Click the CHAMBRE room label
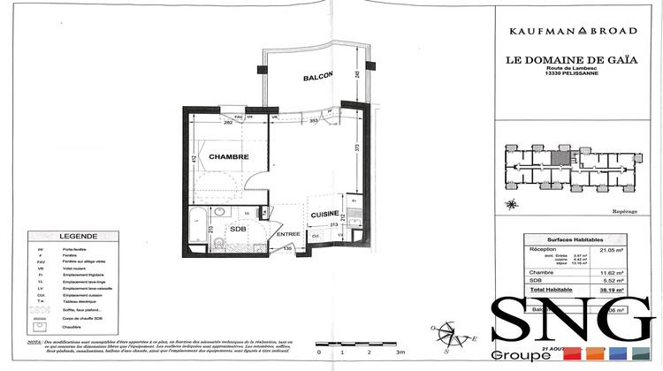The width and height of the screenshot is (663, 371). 228,156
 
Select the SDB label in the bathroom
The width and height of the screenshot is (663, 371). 237,229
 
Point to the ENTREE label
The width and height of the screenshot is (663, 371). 288,233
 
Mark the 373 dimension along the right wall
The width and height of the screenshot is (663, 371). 358,149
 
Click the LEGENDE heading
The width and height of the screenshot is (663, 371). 79,237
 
